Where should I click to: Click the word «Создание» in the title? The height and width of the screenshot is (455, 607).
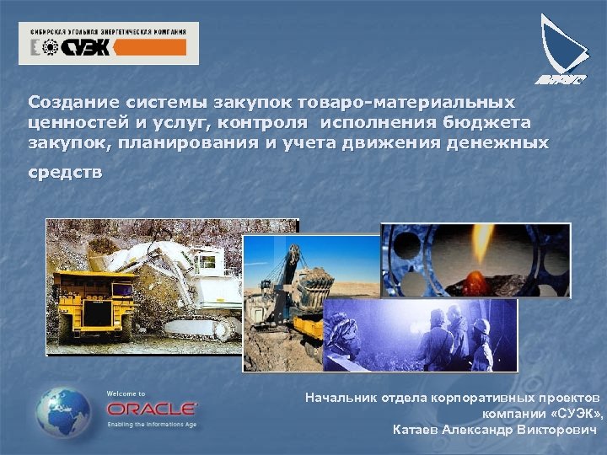[x=70, y=102]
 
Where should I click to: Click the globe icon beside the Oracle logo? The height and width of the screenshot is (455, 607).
[x=63, y=412]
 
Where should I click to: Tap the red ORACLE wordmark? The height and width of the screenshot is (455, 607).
[x=152, y=409]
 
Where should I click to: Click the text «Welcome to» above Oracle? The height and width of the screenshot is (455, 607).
[x=126, y=393]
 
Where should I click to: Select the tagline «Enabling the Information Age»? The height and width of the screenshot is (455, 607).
[x=152, y=424]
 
